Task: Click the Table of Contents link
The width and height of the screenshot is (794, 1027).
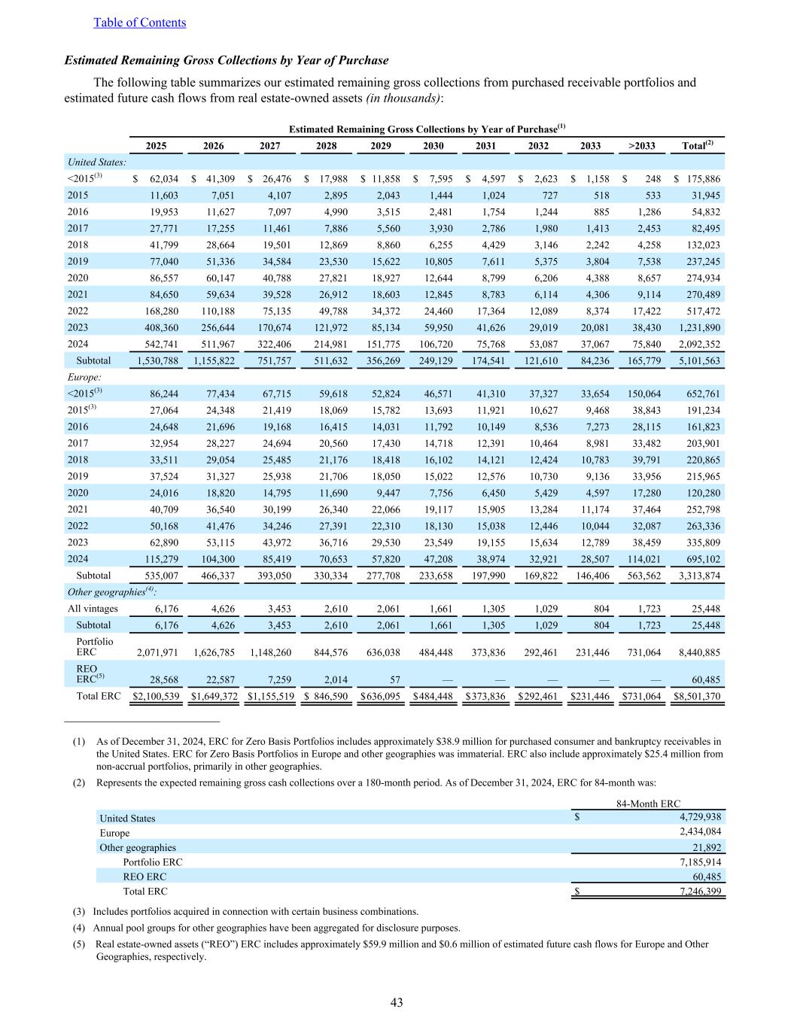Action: (139, 23)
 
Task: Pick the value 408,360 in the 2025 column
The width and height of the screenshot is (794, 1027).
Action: (157, 328)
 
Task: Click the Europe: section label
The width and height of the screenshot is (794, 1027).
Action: (84, 377)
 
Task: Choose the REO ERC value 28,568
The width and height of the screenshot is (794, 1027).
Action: (160, 680)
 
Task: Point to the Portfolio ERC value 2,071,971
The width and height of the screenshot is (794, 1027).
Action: (157, 653)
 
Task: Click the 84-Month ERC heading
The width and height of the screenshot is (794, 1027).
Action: (648, 804)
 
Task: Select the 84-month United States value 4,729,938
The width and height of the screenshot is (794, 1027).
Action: (695, 818)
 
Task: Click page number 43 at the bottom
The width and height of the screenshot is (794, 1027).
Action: (397, 1002)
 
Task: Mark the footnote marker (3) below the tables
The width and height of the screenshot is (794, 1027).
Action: (79, 911)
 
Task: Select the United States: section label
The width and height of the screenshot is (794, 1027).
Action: (97, 162)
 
